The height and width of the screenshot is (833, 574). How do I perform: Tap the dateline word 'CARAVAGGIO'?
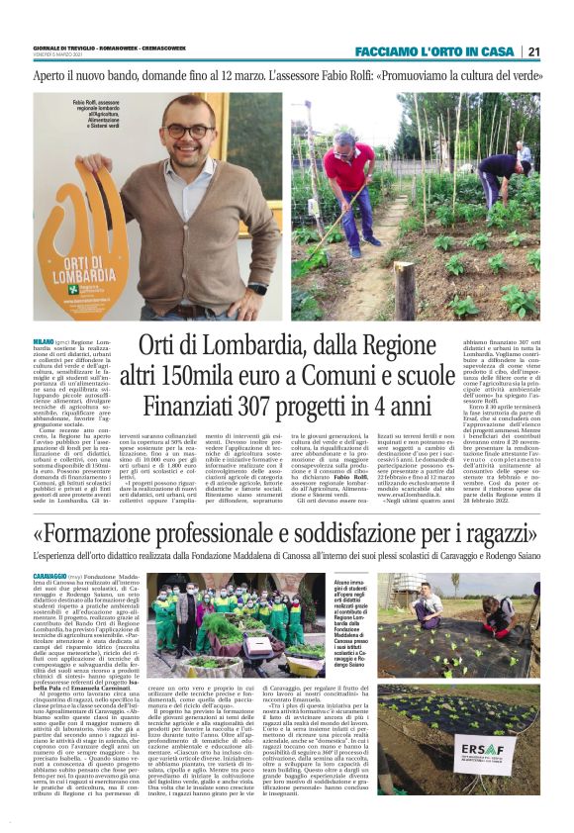[x=51, y=575]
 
